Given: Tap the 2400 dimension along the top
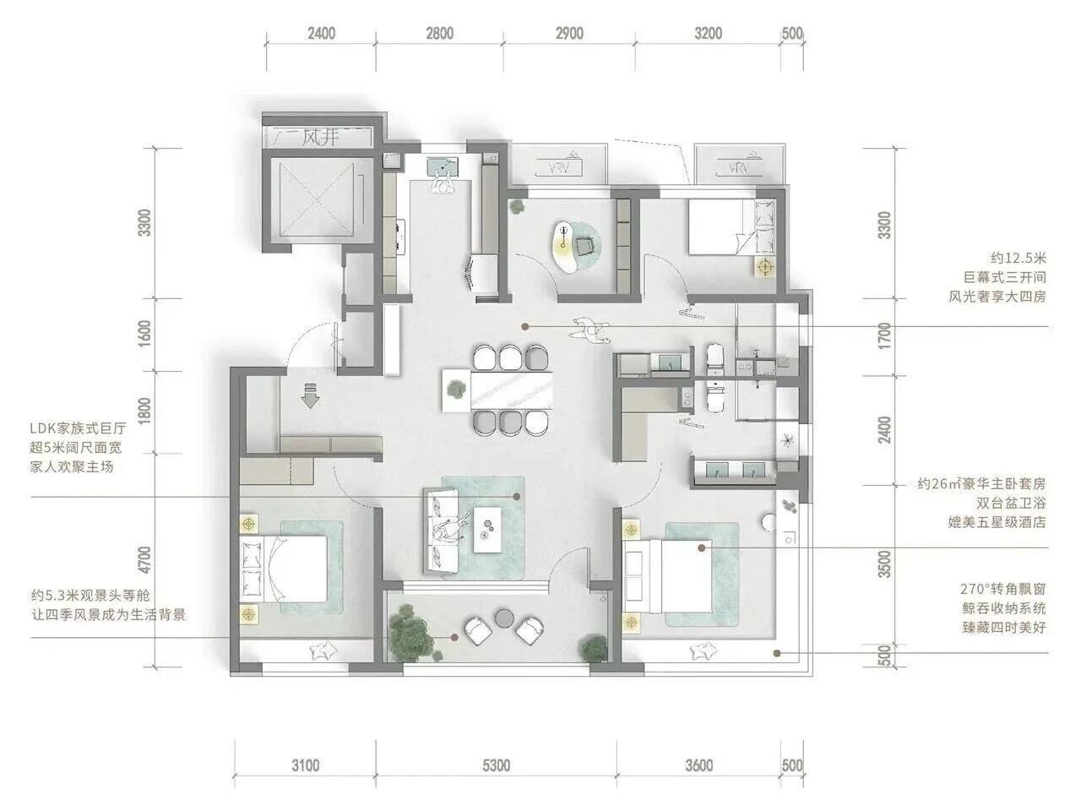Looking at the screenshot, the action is (322, 33).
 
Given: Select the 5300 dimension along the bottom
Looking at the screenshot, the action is (496, 765).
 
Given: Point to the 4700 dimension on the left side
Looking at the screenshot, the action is (144, 560).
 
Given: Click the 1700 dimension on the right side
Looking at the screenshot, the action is (884, 336).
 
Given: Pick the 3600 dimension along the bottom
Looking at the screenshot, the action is (698, 765).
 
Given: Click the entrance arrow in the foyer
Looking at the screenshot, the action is (310, 395).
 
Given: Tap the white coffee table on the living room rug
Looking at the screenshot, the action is (490, 529).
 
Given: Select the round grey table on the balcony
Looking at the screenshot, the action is (504, 618).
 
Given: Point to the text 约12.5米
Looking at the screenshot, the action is (1019, 259).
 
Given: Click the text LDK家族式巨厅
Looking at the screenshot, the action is (78, 428).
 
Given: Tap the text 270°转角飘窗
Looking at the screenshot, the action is (1002, 589).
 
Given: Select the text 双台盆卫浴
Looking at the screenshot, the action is (1012, 503).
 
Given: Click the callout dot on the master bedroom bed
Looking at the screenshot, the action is (702, 547).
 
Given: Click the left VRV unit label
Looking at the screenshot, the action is (559, 168).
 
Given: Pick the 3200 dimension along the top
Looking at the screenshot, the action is (708, 33).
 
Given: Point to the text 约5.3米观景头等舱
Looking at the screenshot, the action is (90, 595).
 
